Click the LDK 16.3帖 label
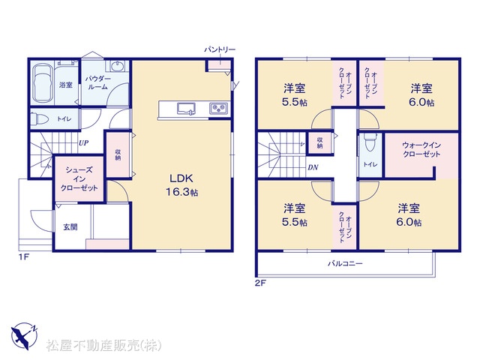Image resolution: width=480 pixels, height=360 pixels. pyautogui.click(x=181, y=185)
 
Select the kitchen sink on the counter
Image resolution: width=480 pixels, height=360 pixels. pyautogui.click(x=186, y=109)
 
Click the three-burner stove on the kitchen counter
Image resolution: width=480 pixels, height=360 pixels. pyautogui.click(x=218, y=109)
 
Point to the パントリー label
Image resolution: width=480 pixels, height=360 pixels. pyautogui.click(x=220, y=49)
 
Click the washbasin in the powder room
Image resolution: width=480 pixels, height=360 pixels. pyautogui.click(x=117, y=66)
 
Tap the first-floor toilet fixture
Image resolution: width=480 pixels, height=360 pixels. pyautogui.click(x=39, y=118)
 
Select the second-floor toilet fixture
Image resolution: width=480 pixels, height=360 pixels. pyautogui.click(x=370, y=143)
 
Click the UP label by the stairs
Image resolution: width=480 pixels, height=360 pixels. pyautogui.click(x=83, y=143)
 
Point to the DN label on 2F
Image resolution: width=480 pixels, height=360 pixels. pyautogui.click(x=313, y=167)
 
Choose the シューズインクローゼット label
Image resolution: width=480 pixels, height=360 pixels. pyautogui.click(x=79, y=178)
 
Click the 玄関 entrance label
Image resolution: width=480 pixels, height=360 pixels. pyautogui.click(x=70, y=227)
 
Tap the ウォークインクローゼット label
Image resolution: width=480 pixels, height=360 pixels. pyautogui.click(x=421, y=150)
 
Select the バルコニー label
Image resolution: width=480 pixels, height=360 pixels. pyautogui.click(x=345, y=263)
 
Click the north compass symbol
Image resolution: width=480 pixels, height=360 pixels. pyautogui.click(x=25, y=335)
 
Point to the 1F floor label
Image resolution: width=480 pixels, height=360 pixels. pyautogui.click(x=24, y=257)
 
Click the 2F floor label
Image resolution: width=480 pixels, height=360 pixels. pyautogui.click(x=260, y=283)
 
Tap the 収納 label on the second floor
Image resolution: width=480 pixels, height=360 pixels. pyautogui.click(x=319, y=142)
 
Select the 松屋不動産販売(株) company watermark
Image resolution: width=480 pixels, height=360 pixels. pyautogui.click(x=103, y=346)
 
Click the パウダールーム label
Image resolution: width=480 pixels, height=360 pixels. pyautogui.click(x=98, y=82)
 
